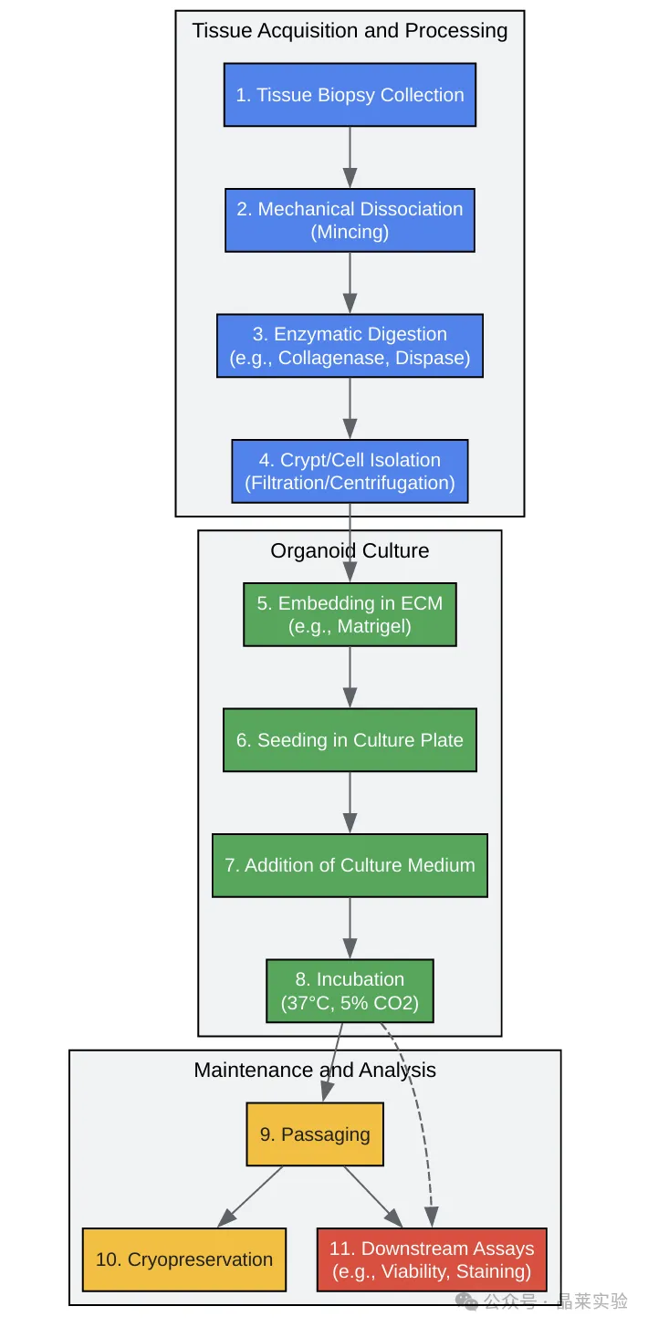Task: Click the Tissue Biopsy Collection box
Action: point(350,95)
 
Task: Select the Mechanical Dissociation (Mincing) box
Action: point(350,220)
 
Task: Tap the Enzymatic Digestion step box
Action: point(350,346)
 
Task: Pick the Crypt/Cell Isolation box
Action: point(350,472)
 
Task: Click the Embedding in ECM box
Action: point(350,615)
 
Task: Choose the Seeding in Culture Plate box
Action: point(350,740)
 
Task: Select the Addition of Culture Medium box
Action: point(350,865)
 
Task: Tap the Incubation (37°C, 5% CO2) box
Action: point(350,991)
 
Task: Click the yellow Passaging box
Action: point(315,1134)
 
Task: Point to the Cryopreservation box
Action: point(184,1259)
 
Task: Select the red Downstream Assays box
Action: point(432,1259)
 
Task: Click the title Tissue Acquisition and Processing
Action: point(350,31)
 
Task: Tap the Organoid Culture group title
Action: point(350,550)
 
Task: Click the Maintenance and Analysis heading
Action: point(315,1070)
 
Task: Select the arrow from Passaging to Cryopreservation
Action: point(250,1196)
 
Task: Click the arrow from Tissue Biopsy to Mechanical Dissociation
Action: point(350,157)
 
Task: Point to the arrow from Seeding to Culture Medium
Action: point(350,802)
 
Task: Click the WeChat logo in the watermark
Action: point(466,1301)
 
